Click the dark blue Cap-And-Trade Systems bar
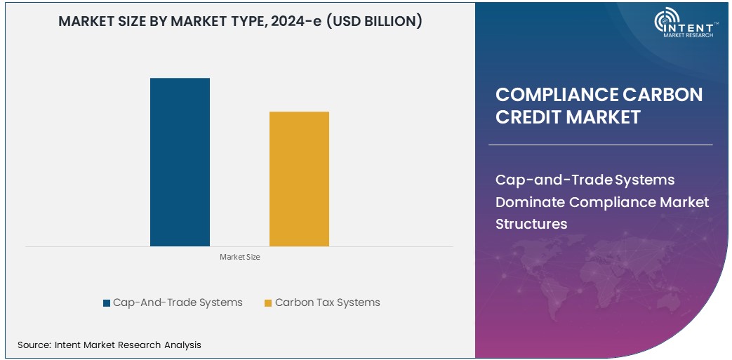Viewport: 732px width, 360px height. [180, 162]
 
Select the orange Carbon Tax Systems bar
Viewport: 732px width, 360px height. [299, 179]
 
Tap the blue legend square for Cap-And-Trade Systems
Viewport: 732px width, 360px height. [107, 303]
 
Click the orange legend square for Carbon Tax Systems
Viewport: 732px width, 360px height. [268, 303]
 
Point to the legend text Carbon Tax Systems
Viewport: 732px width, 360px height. [327, 302]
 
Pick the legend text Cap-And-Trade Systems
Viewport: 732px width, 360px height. [178, 302]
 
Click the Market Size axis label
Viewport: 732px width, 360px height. [239, 258]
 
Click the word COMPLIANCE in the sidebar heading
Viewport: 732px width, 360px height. [555, 95]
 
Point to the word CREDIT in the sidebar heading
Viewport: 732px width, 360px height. [528, 116]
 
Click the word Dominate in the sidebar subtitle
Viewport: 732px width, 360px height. [530, 202]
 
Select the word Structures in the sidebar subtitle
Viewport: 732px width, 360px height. [531, 224]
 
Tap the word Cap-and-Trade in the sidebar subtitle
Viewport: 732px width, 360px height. [554, 180]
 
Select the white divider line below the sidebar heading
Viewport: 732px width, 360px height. [600, 145]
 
